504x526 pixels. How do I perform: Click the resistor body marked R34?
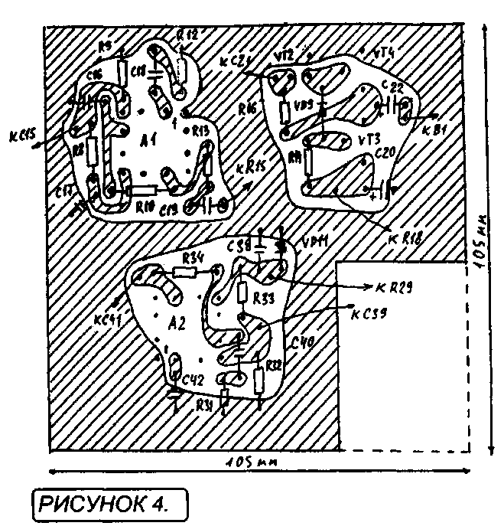[x=186, y=271]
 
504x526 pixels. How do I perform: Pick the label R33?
[x=263, y=296]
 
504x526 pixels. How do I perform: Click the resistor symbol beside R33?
[x=242, y=292]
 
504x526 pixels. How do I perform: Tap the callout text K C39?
[x=369, y=313]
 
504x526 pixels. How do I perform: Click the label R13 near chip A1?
[x=200, y=131]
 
